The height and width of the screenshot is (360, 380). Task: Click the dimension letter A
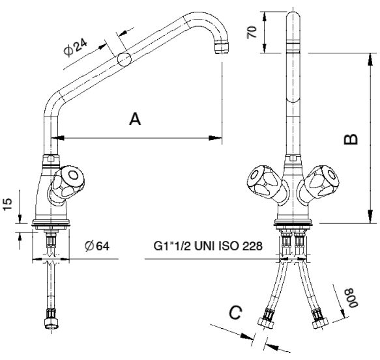pyautogui.click(x=135, y=118)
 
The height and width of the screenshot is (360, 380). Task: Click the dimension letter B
pyautogui.click(x=351, y=139)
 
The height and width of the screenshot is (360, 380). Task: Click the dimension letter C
pyautogui.click(x=235, y=312)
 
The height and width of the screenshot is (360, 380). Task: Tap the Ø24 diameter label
pyautogui.click(x=76, y=48)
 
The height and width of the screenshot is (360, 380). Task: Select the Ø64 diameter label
pyautogui.click(x=97, y=246)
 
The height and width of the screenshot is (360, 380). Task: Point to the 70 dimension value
pyautogui.click(x=252, y=32)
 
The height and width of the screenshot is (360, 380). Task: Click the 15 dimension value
pyautogui.click(x=7, y=204)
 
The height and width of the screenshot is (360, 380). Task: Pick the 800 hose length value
pyautogui.click(x=352, y=298)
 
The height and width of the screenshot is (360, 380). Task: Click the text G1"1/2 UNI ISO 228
pyautogui.click(x=208, y=246)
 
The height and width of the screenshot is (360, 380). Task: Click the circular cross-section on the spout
pyautogui.click(x=124, y=59)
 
